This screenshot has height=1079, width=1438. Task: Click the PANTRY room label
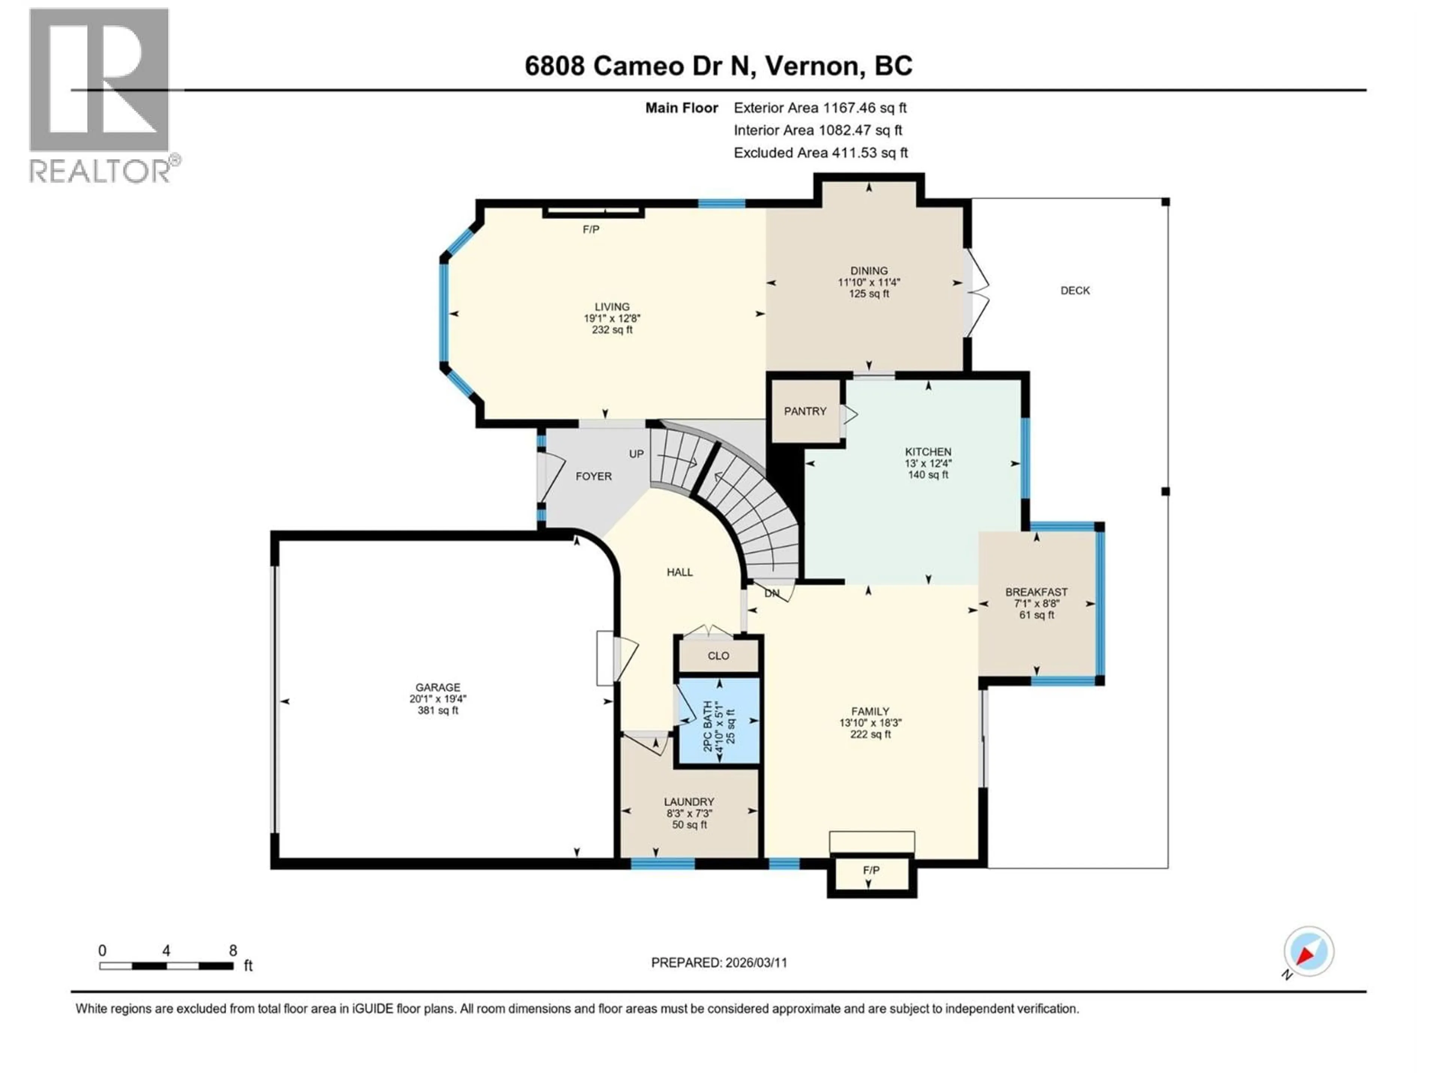click(x=805, y=411)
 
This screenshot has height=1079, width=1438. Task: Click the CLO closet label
click(x=718, y=656)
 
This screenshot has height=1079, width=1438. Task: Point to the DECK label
click(x=1075, y=291)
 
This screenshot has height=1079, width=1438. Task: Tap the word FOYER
click(x=593, y=476)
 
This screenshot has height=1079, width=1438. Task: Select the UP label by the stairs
click(x=636, y=454)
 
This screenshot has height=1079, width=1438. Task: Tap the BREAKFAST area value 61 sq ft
click(x=1036, y=615)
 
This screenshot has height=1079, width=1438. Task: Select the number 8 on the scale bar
click(x=233, y=951)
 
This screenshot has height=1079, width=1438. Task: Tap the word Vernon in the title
click(x=809, y=66)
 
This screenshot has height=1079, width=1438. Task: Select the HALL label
click(x=679, y=572)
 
